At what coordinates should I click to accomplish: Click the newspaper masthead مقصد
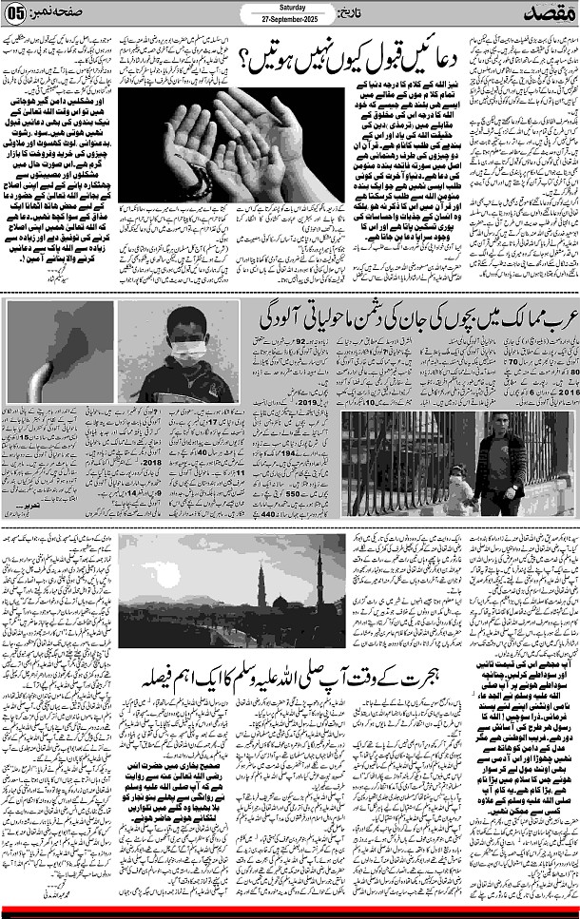pyautogui.click(x=546, y=13)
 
